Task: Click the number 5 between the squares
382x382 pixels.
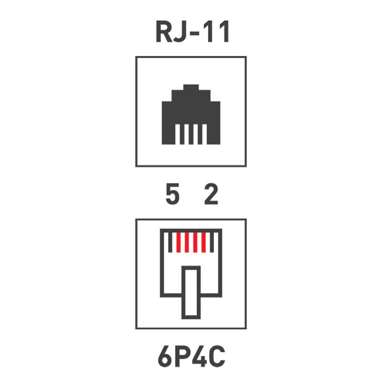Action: pyautogui.click(x=172, y=194)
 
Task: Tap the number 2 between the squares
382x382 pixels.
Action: pyautogui.click(x=211, y=194)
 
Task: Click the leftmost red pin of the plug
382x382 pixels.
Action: pyautogui.click(x=178, y=242)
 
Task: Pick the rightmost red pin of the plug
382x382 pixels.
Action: pyautogui.click(x=204, y=242)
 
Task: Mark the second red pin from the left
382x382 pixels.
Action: pyautogui.click(x=187, y=242)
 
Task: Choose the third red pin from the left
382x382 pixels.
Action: pyautogui.click(x=195, y=242)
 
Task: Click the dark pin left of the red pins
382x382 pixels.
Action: pyautogui.click(x=170, y=242)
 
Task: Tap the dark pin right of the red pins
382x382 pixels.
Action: pyautogui.click(x=212, y=242)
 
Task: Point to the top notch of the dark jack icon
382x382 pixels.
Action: pyautogui.click(x=191, y=87)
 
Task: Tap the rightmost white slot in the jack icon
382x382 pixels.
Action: pyautogui.click(x=205, y=134)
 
